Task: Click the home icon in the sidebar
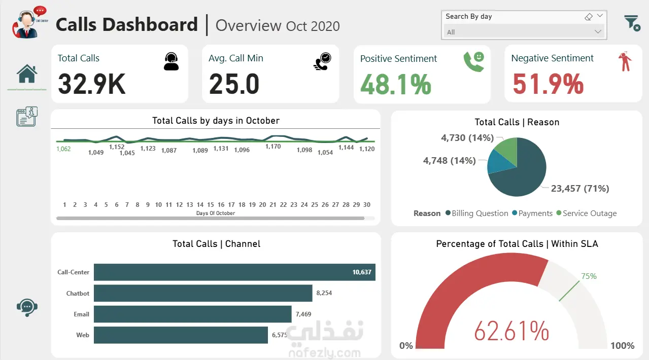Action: coord(27,74)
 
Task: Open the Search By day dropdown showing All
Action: coord(524,32)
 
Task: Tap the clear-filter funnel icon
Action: coord(632,23)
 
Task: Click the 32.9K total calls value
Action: coord(91,84)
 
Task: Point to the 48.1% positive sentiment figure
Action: coord(396,84)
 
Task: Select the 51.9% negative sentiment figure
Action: coord(548,84)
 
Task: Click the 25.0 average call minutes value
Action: coord(234,84)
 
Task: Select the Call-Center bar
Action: coord(234,272)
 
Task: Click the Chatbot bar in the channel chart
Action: coord(203,293)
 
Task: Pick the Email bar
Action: coord(193,314)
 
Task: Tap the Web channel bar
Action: coord(181,335)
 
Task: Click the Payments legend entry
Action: coord(532,213)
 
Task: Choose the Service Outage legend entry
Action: coord(587,213)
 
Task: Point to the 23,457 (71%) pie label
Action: coord(580,189)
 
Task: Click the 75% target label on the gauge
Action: coord(589,276)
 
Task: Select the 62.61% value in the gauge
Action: coord(511,331)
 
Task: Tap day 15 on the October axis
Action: coord(211,205)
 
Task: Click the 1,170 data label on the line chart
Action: coord(273,147)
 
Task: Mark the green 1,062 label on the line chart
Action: coord(63,149)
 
